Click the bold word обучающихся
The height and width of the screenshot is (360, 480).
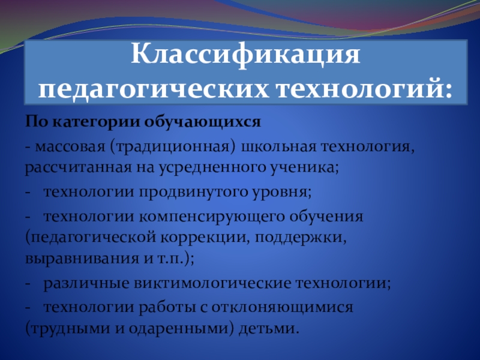202,122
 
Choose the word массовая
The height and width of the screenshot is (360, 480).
70,146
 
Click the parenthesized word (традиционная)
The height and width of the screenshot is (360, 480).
173,146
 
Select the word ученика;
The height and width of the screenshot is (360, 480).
304,167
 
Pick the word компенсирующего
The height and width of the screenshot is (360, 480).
212,217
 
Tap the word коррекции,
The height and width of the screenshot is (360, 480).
204,238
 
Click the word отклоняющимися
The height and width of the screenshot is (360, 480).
277,308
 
